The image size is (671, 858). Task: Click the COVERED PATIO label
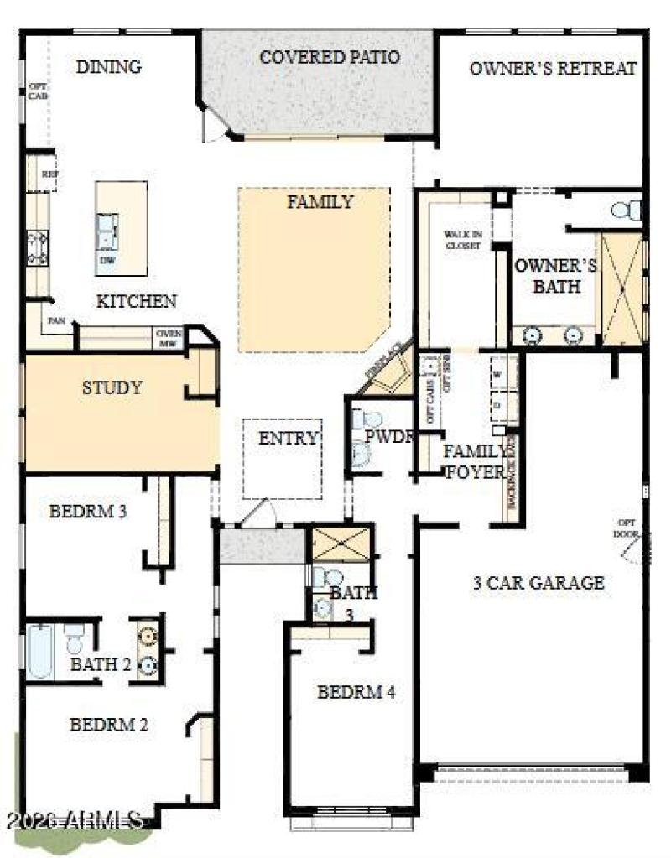coord(329,58)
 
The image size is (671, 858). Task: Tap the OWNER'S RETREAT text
coord(552,69)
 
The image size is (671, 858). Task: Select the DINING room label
coord(108,67)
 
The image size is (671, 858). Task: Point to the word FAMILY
coord(320,202)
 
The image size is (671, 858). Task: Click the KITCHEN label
coord(136,301)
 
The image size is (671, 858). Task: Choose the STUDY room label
coord(112,387)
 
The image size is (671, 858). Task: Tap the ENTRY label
coord(288,438)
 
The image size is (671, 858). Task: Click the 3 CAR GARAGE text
coord(538,583)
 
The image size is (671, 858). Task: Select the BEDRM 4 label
coord(356,692)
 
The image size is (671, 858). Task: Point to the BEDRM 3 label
coord(88,511)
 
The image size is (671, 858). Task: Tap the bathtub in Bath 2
coord(39,650)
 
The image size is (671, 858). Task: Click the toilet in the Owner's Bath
coord(626,209)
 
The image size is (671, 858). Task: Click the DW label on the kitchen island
coord(107,260)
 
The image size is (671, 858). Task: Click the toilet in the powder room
coord(367,419)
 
